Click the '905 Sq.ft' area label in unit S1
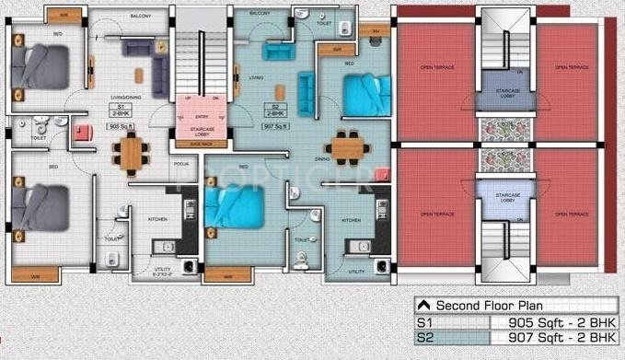click(121, 125)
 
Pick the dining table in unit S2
click(348, 145)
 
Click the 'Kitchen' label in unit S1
click(156, 219)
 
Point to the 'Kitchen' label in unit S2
click(351, 220)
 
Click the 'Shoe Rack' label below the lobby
click(195, 145)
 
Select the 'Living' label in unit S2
click(256, 77)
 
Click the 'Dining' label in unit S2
click(322, 158)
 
